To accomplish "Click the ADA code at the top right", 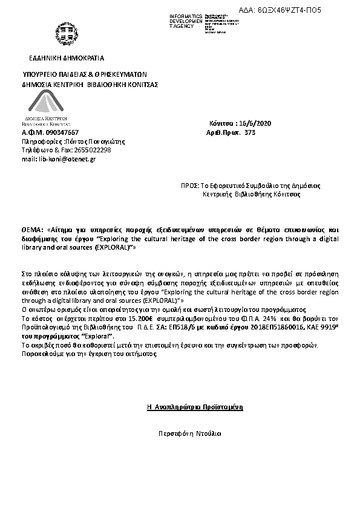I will [301, 11].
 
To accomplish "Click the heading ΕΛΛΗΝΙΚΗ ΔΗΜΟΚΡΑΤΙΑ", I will [67, 58].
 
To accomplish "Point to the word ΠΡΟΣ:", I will [190, 186].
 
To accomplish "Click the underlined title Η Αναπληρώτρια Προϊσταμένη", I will [195, 407].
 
